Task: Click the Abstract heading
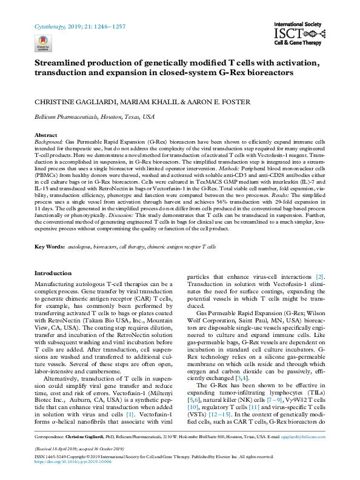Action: click(46, 135)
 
